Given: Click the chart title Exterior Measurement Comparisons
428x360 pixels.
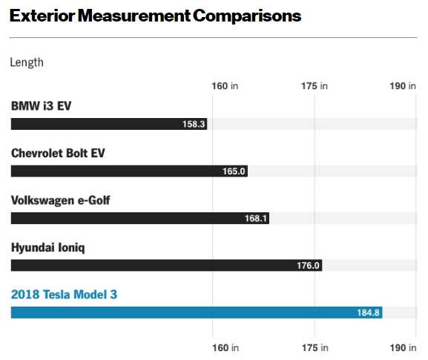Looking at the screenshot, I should pos(155,15).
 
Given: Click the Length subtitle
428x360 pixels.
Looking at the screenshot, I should pos(27,62).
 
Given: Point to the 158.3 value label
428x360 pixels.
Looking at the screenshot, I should pos(194,124).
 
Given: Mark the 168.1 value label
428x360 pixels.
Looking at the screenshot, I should pos(255,218).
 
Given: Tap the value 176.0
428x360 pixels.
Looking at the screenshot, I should pos(308,266).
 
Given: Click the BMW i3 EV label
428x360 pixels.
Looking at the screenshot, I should pos(41,106).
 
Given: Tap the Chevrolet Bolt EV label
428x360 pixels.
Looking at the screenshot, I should pos(58,153).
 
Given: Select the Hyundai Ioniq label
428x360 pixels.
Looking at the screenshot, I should pos(47,247).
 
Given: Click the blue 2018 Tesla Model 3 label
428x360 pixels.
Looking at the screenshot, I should pos(64,295).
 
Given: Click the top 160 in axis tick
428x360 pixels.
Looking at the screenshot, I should pos(225,86).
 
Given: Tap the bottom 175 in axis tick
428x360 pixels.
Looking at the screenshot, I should pos(315,347).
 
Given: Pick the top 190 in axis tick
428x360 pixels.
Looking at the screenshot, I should pos(403,86).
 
